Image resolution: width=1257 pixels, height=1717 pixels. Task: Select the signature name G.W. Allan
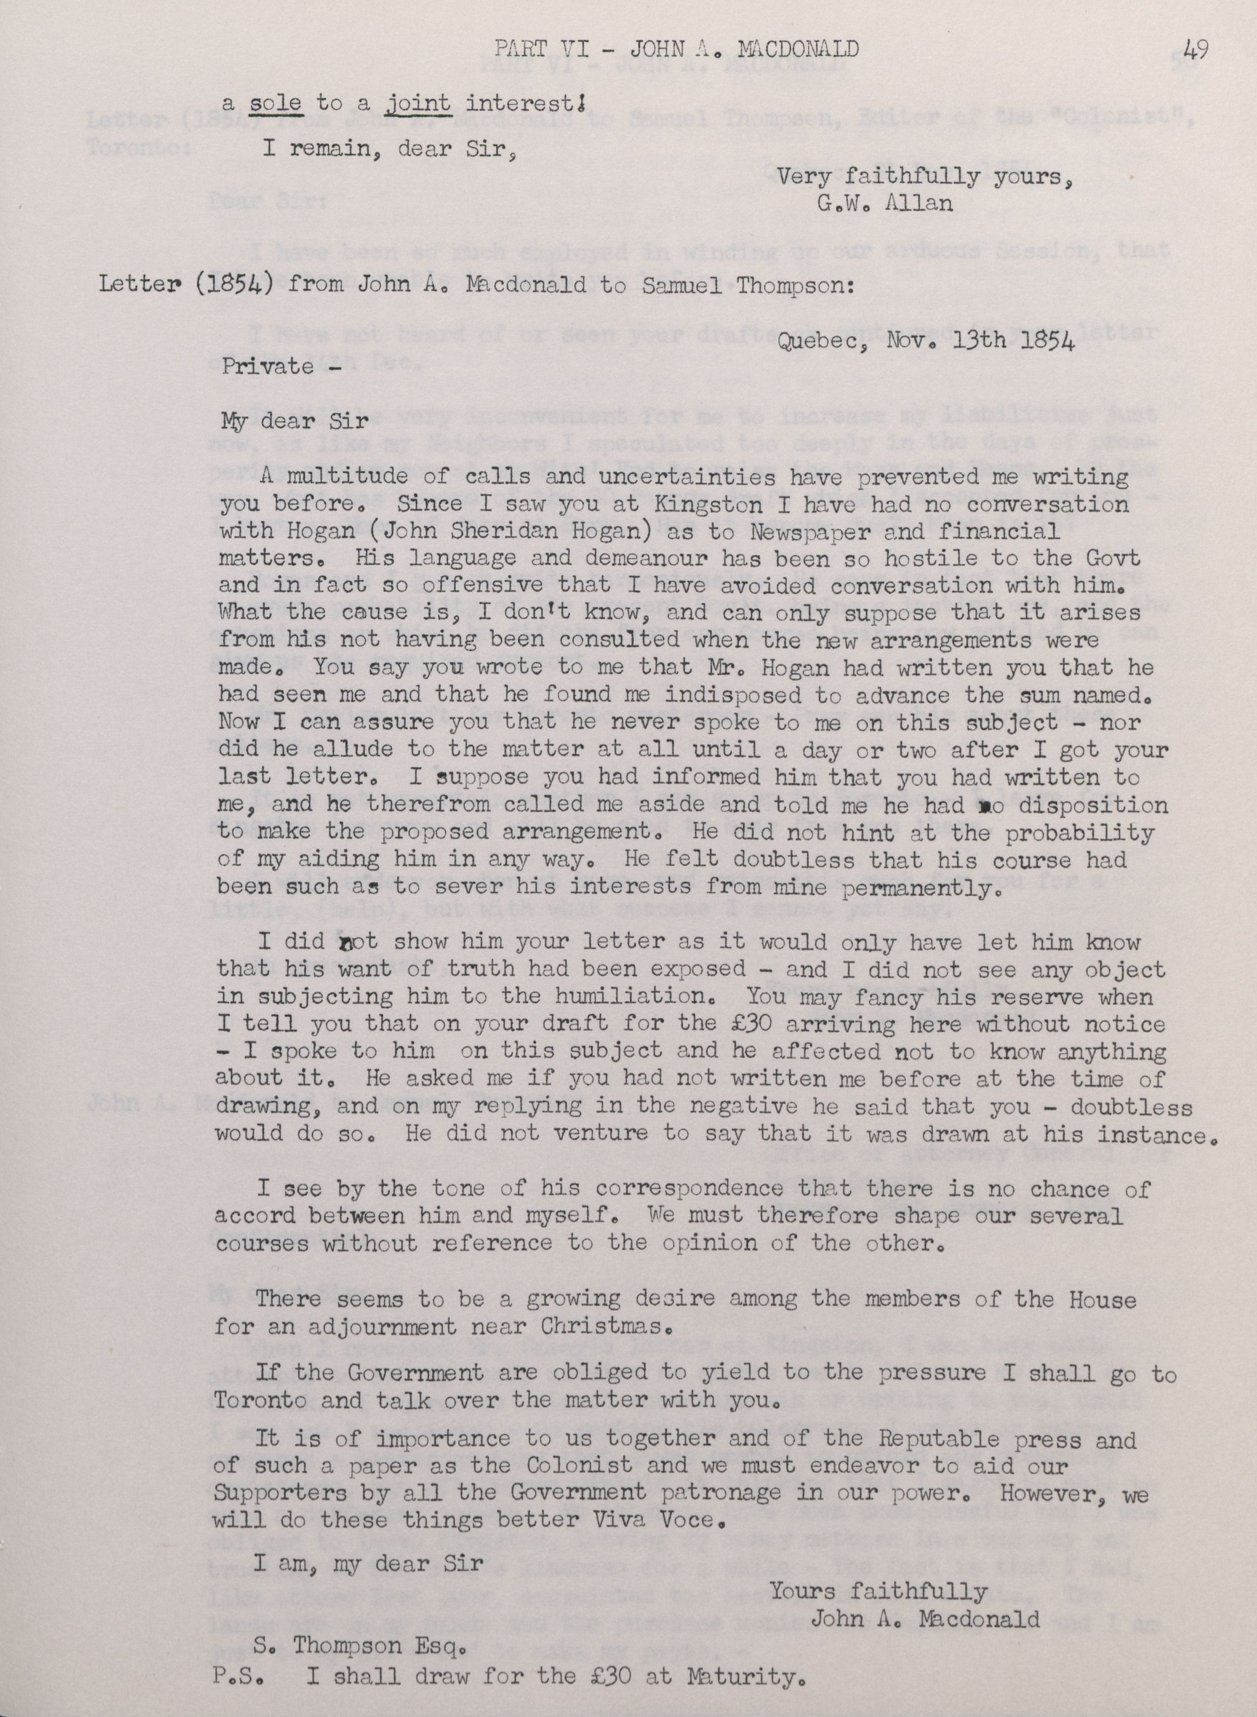pyautogui.click(x=884, y=204)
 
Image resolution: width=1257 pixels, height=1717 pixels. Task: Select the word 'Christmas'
pyautogui.click(x=603, y=1326)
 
